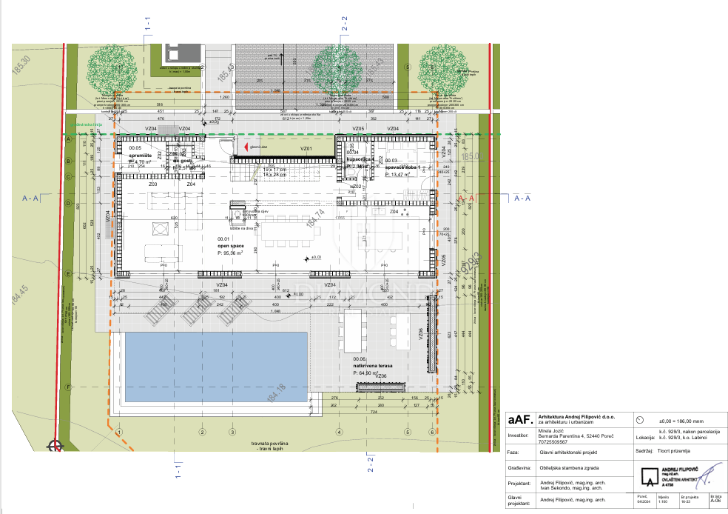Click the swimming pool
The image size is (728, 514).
(x=215, y=364)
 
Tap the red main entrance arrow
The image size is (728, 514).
(x=236, y=148)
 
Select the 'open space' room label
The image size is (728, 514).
(x=231, y=246)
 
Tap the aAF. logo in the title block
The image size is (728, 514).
(x=522, y=420)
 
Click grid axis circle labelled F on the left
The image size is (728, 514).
(x=67, y=387)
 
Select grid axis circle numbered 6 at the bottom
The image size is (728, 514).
(x=431, y=432)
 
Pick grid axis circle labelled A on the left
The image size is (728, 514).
(x=67, y=138)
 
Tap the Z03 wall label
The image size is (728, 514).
(x=152, y=183)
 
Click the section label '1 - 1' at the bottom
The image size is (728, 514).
(x=176, y=472)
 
